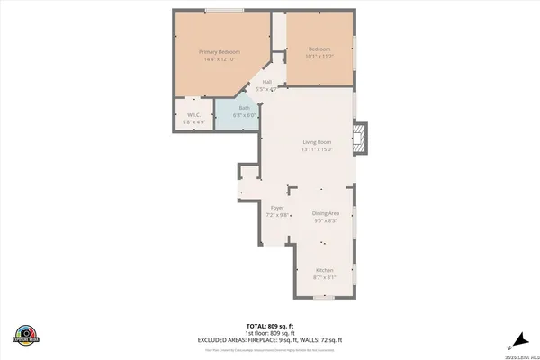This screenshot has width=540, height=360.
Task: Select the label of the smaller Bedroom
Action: pos(320,49)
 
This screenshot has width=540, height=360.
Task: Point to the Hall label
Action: pos(267,82)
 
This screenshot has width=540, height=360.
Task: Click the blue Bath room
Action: pos(238,113)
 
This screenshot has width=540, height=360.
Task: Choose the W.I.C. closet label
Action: pos(193,114)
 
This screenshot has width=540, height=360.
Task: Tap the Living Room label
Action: pos(317,142)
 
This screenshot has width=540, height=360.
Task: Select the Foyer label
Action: pos(275,208)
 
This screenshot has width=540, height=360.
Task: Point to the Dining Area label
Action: pos(325,213)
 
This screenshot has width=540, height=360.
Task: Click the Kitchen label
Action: pos(325,270)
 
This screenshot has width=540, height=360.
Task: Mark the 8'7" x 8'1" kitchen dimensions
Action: pos(325,277)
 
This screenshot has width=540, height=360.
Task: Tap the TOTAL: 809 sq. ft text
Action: pos(269,325)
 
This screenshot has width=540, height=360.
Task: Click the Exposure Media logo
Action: pos(27,334)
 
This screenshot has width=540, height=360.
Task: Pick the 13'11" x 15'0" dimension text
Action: pos(317,149)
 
